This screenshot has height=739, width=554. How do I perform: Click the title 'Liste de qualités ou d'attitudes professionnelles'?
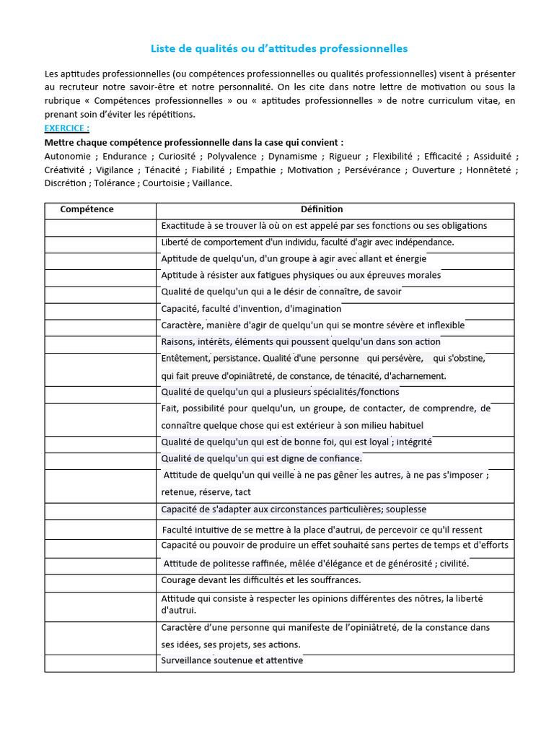279,48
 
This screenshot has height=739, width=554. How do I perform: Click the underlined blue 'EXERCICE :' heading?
67,128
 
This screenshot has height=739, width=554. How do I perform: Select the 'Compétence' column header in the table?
87,209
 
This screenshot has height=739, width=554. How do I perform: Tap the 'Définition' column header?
322,209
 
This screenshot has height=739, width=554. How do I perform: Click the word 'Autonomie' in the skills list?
68,156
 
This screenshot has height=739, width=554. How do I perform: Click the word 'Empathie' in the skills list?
255,170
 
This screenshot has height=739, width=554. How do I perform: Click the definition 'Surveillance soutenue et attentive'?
232,660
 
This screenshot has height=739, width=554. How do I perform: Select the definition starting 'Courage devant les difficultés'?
261,580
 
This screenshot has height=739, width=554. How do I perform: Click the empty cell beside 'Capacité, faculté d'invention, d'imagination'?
100,308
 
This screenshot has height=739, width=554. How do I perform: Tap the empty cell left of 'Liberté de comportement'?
100,242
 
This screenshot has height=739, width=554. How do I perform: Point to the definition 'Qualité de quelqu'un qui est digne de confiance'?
261,458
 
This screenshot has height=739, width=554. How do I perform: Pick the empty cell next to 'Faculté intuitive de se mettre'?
100,529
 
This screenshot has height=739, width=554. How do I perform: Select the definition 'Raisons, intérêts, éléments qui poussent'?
301,341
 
